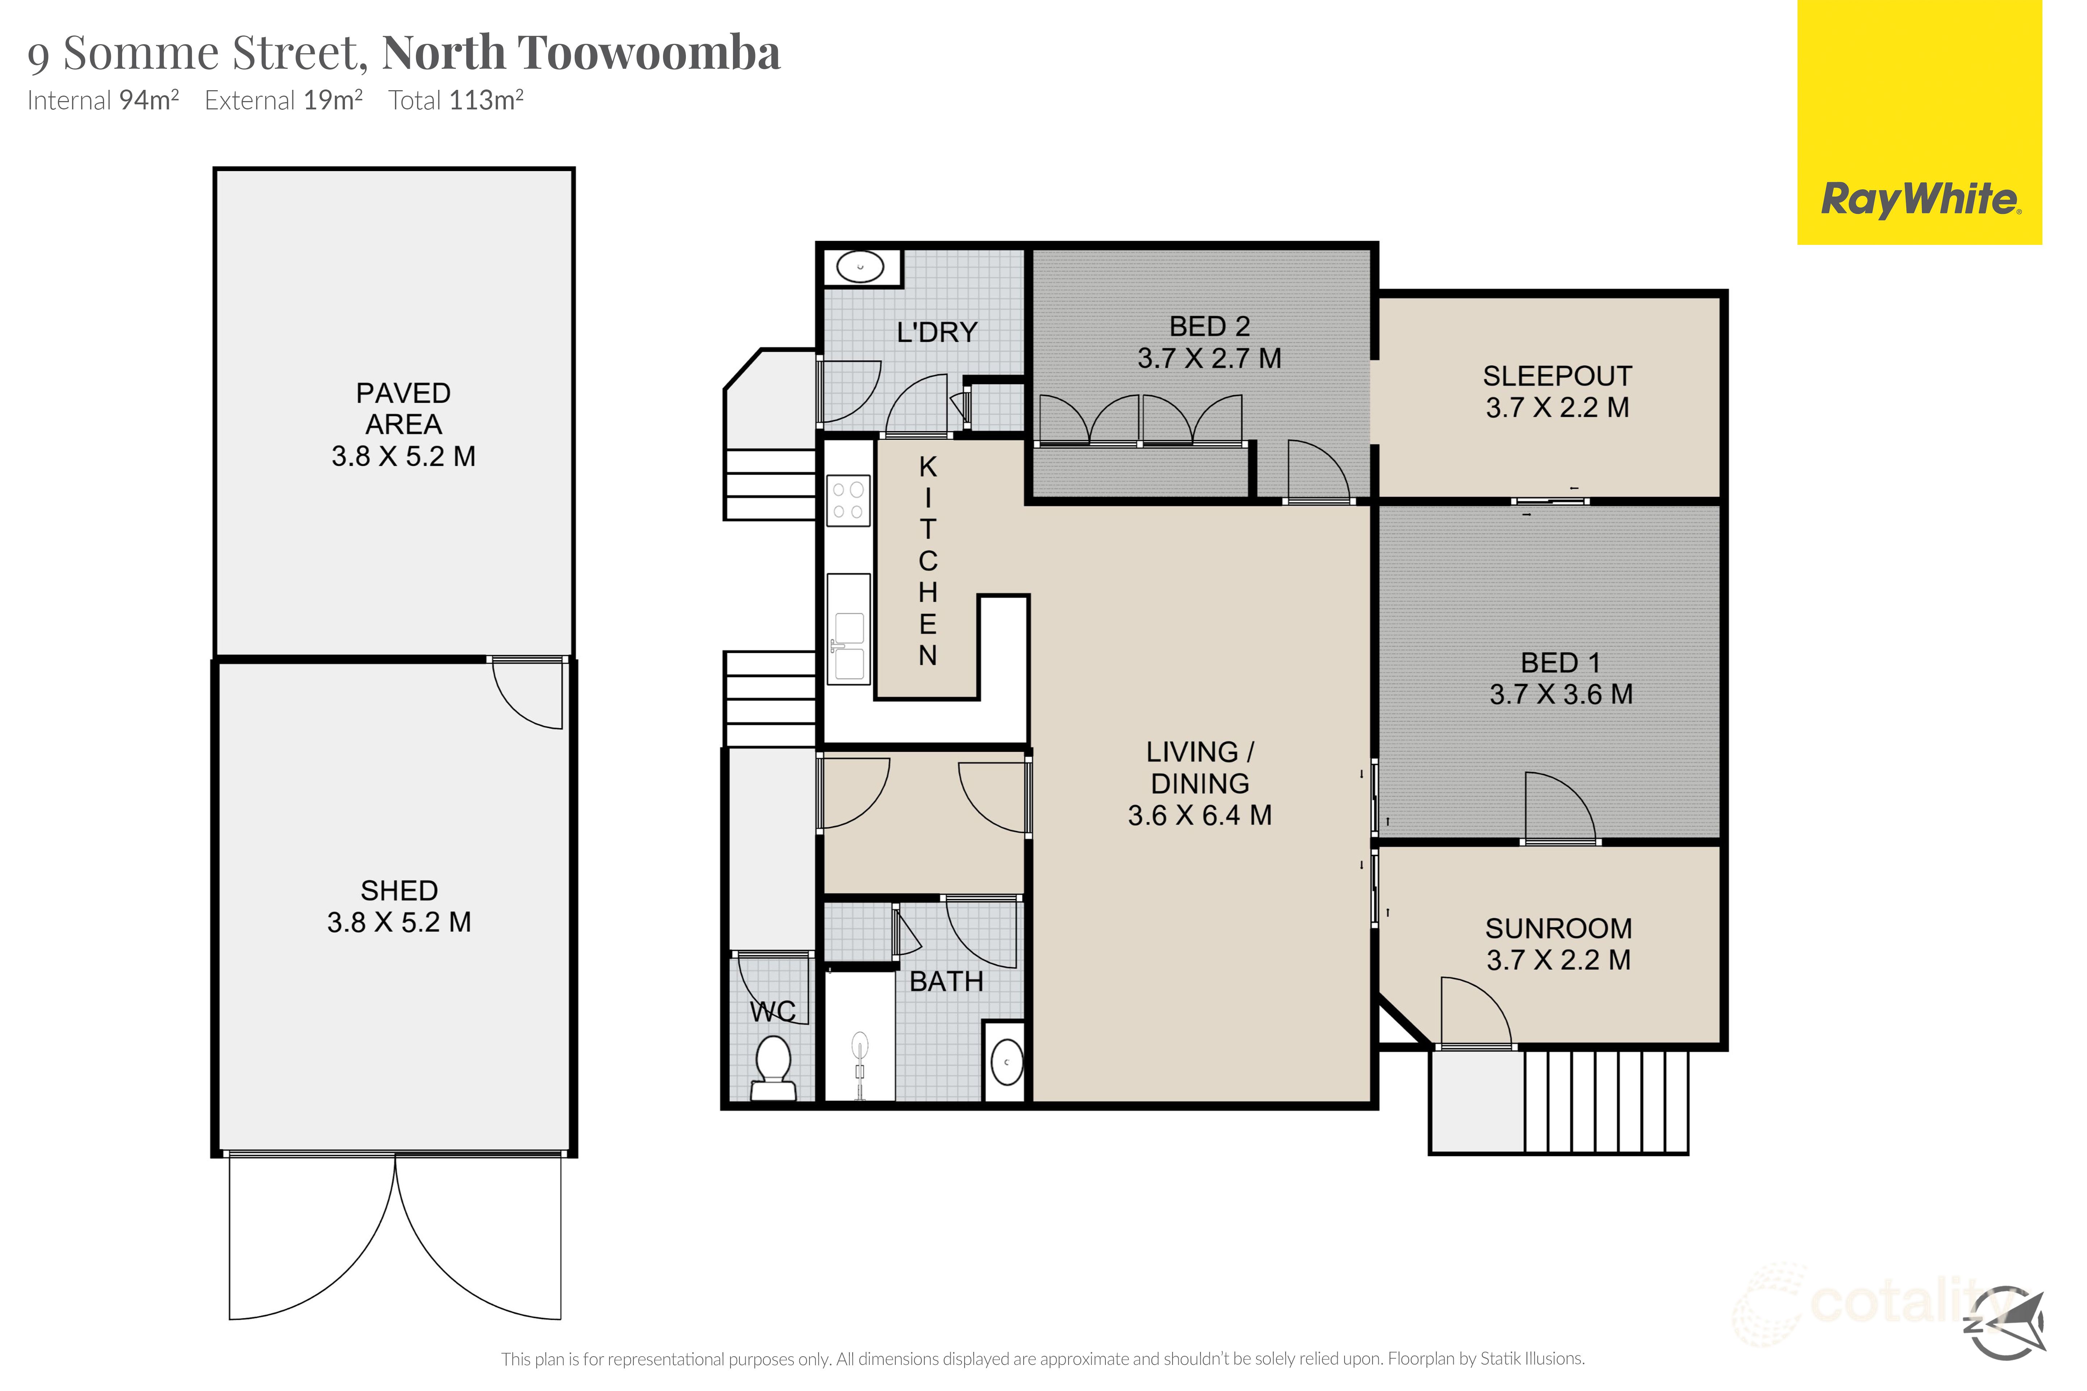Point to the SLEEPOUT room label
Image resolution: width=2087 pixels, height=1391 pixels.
tap(1557, 376)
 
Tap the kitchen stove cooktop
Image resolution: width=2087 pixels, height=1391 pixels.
tap(848, 500)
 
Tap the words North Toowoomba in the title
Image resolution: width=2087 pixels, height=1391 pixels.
tap(581, 53)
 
